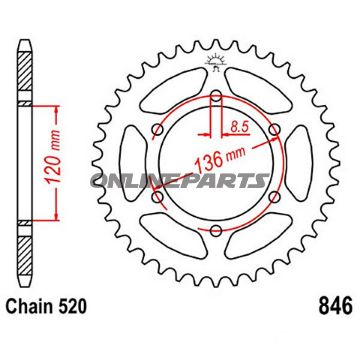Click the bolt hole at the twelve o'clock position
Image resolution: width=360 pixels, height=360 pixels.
212,97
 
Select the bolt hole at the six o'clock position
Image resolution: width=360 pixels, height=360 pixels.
212,229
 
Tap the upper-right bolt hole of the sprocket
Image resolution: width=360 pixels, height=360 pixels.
269,130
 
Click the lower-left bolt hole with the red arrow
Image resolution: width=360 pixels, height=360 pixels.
155,196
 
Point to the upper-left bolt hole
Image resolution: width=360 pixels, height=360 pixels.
155,130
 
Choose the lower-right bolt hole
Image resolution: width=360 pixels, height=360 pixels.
269,196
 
